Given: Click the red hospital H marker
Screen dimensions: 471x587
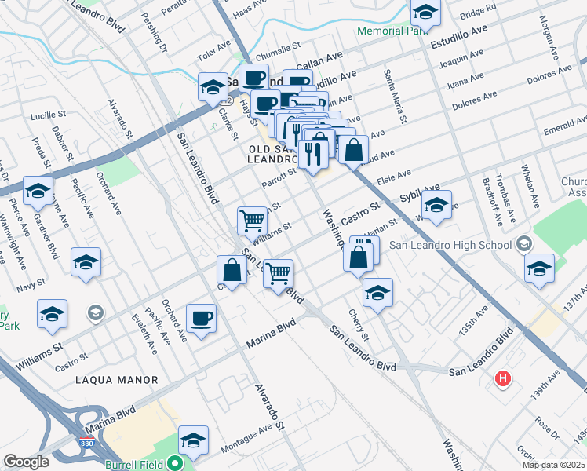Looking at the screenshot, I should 502,380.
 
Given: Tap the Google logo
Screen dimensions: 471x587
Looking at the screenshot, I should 26,462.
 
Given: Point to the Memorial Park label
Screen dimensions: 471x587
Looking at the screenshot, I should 390,31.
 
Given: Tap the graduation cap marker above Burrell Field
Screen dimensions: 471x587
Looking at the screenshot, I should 193,440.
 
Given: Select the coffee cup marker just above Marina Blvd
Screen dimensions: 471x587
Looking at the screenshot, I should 201,318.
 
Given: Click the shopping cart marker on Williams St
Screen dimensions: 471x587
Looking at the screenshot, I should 252,221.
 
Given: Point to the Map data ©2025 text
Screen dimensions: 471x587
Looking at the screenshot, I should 552,465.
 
